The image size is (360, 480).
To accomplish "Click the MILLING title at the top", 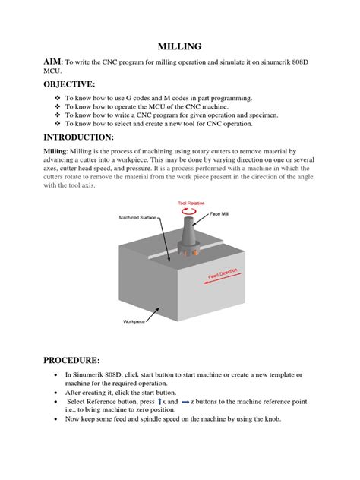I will pos(179,47).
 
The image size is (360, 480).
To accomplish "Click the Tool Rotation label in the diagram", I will pos(191,204).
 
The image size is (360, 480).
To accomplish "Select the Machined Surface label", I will pos(139,217).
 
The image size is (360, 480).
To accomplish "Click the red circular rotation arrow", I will pos(190,214).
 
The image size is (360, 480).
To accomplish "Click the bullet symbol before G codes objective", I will pos(57,99).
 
